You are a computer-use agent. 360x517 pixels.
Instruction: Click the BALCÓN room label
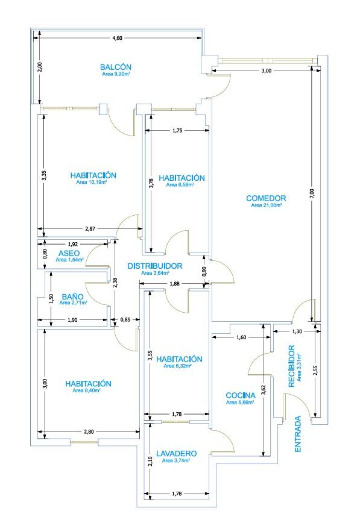[x=116, y=67]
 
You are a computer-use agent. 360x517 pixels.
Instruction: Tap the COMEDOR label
[x=266, y=198]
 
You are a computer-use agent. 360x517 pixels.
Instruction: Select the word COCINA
[x=241, y=395]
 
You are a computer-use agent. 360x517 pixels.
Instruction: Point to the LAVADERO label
[x=177, y=454]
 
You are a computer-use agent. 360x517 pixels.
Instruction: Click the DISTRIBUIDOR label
[x=155, y=266]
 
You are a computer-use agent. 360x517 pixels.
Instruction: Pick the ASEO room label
[x=69, y=253]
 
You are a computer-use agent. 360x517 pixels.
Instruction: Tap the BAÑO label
[x=72, y=296]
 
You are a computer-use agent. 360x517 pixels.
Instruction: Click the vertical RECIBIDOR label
[x=291, y=366]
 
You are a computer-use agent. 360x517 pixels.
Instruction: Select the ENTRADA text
[x=298, y=434]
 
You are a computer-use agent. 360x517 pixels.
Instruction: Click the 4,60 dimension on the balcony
[x=117, y=38]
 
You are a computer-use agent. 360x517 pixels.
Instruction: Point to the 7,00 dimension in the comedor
[x=312, y=193]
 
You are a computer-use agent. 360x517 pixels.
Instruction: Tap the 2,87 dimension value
[x=90, y=228]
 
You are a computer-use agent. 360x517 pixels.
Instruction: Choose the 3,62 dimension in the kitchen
[x=263, y=390]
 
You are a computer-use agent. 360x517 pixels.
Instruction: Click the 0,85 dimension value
[x=125, y=319]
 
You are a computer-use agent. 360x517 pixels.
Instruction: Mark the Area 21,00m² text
[x=267, y=205]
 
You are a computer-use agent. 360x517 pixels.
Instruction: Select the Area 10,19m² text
[x=92, y=182]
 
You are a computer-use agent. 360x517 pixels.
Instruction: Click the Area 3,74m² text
[x=176, y=460]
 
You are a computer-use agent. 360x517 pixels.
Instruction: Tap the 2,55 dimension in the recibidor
[x=315, y=370]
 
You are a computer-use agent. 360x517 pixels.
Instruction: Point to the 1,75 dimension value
[x=177, y=131]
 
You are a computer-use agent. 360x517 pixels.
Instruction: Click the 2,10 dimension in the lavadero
[x=151, y=461]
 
